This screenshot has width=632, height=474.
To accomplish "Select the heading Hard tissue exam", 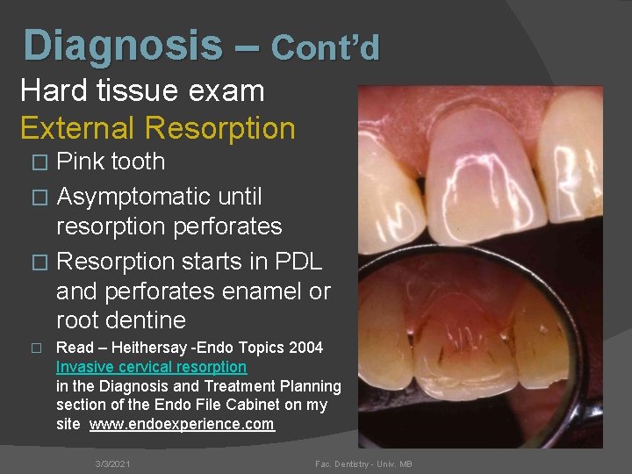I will tap(141, 90).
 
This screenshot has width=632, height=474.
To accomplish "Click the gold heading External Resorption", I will tap(157, 128).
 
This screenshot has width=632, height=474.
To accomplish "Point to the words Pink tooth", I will tap(111, 162).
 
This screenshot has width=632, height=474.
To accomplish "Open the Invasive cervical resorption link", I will tap(151, 367).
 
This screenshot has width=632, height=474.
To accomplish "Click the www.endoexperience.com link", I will tap(182, 424).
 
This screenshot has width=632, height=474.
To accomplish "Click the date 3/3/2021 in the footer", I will tap(112, 463).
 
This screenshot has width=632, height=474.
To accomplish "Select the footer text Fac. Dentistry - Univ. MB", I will tap(364, 463).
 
